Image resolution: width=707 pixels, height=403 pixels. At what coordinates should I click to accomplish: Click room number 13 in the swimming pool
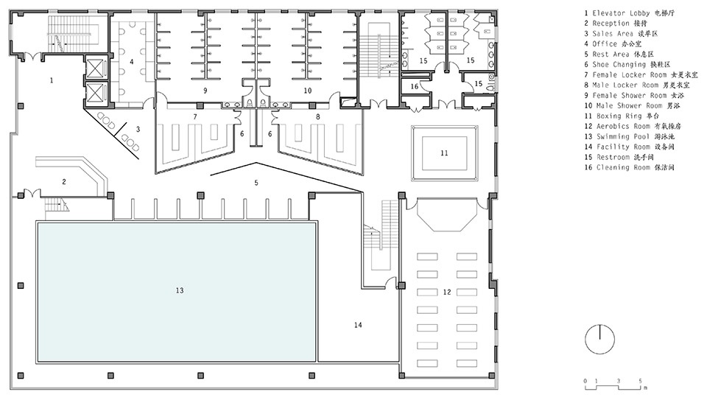[180, 290]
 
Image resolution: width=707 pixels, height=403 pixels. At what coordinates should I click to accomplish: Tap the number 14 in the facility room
[358, 325]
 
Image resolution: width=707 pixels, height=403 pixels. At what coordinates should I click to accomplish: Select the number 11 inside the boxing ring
[444, 153]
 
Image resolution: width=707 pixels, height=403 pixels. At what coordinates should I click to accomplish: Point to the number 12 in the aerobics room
[447, 292]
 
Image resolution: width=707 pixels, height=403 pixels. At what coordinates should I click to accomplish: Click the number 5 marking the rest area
[256, 183]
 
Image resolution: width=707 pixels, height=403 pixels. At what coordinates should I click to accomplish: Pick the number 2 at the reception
[64, 181]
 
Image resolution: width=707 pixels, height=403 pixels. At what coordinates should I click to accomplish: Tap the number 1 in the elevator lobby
[52, 80]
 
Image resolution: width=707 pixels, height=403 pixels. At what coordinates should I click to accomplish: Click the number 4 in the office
[132, 61]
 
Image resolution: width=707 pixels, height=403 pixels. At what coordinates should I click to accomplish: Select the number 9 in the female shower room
[205, 91]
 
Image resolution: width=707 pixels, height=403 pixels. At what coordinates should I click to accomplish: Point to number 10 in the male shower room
[308, 91]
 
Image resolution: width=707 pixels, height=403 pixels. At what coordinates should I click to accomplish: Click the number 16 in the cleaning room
[415, 86]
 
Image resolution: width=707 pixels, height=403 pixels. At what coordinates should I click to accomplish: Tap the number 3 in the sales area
[138, 129]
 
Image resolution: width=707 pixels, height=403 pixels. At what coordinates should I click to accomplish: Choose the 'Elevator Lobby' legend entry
[622, 13]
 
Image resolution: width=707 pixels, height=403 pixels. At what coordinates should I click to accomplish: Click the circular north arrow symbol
[599, 339]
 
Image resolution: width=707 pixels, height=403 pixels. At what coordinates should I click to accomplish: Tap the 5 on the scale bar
[640, 381]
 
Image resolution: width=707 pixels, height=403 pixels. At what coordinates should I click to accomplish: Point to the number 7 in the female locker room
[194, 117]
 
